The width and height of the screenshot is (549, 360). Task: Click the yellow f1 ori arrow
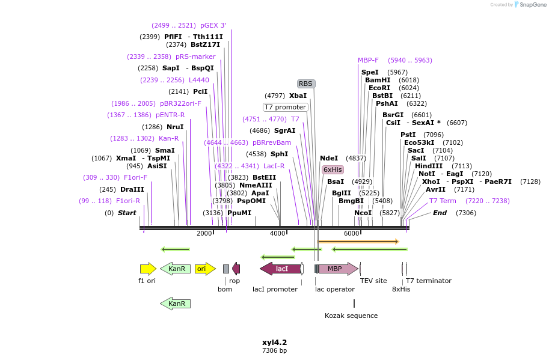147,269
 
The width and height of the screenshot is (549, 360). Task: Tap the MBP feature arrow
337,269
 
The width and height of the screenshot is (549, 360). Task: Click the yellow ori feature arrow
204,269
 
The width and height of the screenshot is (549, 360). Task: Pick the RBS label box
305,84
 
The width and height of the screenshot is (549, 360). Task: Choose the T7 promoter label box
285,107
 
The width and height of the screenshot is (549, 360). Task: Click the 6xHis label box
333,169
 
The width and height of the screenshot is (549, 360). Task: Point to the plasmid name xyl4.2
274,343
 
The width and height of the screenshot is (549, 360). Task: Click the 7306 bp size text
274,350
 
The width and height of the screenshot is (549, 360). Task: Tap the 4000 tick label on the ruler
277,233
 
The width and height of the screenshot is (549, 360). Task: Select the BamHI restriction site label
378,80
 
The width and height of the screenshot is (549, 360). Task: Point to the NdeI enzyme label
329,158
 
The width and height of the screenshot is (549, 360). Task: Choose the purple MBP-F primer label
368,60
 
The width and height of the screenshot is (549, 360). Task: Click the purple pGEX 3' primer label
213,25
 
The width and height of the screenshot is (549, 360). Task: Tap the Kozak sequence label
351,316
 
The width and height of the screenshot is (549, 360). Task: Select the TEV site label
373,281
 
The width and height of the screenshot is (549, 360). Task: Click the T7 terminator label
428,281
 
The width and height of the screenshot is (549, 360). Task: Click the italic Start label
127,213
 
